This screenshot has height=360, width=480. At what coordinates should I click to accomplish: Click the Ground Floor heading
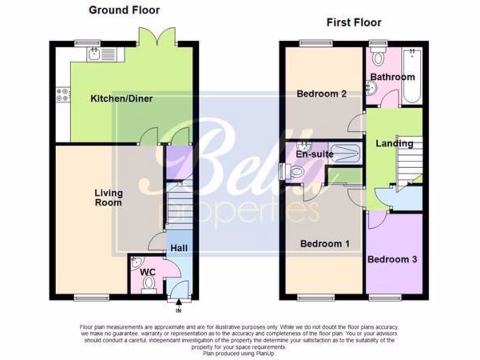click(124, 10)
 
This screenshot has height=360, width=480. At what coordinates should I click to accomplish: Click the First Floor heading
click(354, 22)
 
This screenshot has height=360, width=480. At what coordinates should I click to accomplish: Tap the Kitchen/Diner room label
click(121, 99)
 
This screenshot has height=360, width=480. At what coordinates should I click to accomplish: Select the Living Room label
click(108, 197)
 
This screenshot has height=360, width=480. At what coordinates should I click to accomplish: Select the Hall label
click(179, 247)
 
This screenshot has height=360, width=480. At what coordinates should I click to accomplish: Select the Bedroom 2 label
click(322, 94)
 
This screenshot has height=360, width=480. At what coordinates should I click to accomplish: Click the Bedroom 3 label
click(392, 259)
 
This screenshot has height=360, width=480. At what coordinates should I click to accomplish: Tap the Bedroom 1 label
click(324, 244)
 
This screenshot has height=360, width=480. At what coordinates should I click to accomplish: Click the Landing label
click(394, 143)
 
